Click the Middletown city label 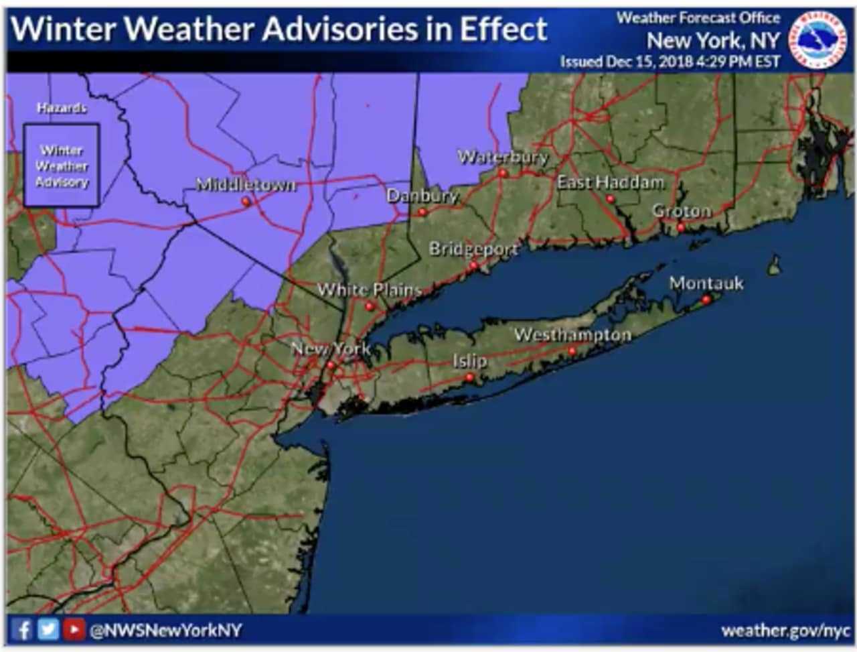(245, 184)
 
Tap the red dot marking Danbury (422, 212)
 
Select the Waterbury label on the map (502, 157)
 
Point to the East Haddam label (611, 182)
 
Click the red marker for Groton (680, 228)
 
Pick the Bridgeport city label (473, 249)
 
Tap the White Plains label (369, 290)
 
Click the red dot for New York (331, 365)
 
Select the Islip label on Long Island (469, 361)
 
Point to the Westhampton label (572, 334)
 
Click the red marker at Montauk (706, 300)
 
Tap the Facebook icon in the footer (22, 630)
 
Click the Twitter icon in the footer (48, 630)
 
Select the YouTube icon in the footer (74, 630)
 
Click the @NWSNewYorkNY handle (165, 631)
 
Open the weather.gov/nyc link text (785, 631)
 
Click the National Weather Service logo (817, 40)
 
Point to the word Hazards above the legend (62, 108)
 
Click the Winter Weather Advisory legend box (62, 166)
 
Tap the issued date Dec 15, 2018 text (670, 62)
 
